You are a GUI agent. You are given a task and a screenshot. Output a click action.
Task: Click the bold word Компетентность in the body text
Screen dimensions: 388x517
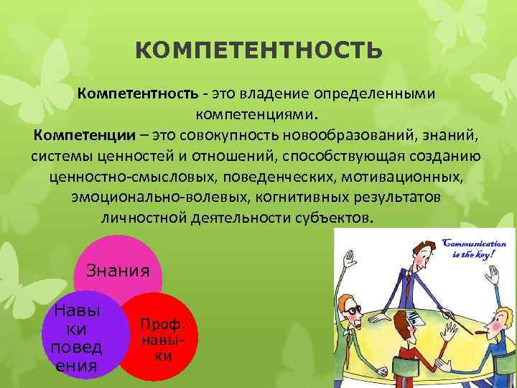(138, 95)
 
